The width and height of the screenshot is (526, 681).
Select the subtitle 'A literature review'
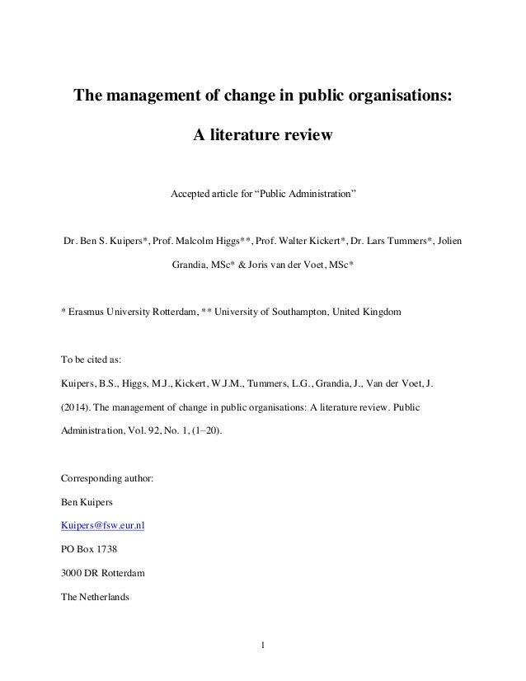tap(262, 134)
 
